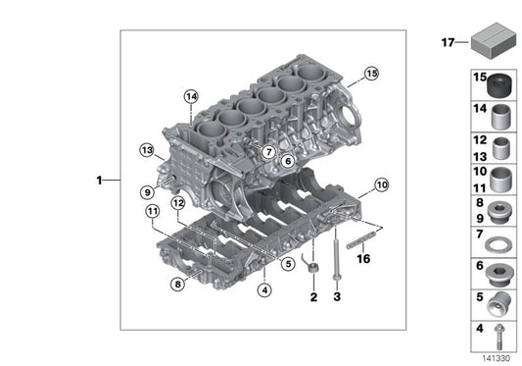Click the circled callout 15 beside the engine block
tap(370, 73)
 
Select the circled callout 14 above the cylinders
tap(190, 95)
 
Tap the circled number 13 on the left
tap(146, 150)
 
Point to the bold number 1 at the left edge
tap(100, 181)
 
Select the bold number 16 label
tap(363, 259)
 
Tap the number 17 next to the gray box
tap(448, 42)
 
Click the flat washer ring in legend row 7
tap(500, 241)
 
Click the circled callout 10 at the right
tap(381, 183)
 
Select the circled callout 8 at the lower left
tap(176, 285)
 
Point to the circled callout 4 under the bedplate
tap(264, 288)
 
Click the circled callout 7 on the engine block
tap(267, 151)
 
